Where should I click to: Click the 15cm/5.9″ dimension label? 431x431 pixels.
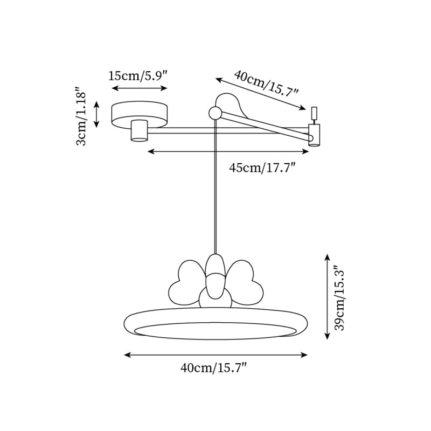(x=138, y=75)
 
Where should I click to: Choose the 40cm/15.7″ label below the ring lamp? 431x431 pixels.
(x=214, y=369)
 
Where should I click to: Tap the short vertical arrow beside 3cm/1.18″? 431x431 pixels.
(x=97, y=114)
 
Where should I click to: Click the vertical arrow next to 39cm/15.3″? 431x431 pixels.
(x=327, y=297)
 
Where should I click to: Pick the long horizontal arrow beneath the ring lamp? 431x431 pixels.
(x=215, y=354)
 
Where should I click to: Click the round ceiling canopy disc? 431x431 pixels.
(x=139, y=112)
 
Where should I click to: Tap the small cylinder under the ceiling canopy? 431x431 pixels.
(x=140, y=131)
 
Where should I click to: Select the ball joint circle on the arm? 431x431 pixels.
(x=215, y=113)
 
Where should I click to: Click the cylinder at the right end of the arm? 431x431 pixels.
(x=314, y=135)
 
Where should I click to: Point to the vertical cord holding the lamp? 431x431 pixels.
(x=215, y=189)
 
